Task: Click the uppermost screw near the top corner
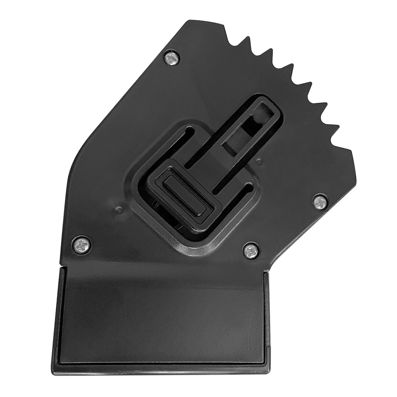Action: pyautogui.click(x=172, y=58)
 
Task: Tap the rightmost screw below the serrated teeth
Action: pyautogui.click(x=320, y=202)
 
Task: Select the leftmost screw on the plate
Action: pyautogui.click(x=82, y=245)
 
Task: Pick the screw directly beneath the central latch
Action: pyautogui.click(x=251, y=250)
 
